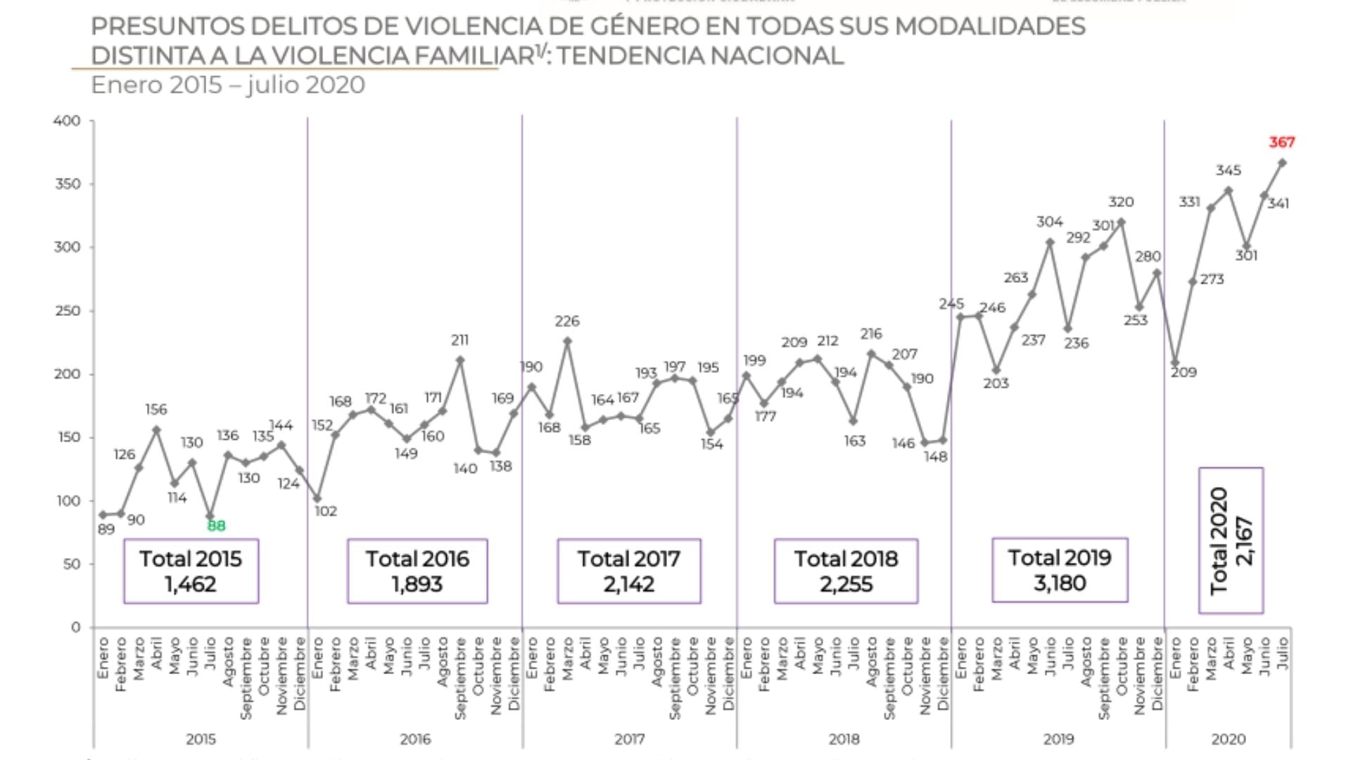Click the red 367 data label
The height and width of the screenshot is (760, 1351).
coord(1281,142)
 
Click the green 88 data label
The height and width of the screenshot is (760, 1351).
coord(216,526)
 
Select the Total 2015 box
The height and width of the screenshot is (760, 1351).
coord(191,571)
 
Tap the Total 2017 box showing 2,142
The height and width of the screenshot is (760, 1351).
coord(629,571)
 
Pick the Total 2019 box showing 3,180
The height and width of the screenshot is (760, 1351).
coord(1060,570)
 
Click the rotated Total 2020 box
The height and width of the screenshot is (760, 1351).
coord(1231,540)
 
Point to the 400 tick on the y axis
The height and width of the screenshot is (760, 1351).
coord(67,121)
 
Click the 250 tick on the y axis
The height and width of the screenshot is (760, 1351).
coord(67,311)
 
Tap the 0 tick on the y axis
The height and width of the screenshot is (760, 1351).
coord(75,627)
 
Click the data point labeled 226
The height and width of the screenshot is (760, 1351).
coord(567,341)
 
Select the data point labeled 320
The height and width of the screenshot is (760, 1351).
coord(1121,222)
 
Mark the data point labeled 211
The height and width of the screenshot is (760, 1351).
coord(460,360)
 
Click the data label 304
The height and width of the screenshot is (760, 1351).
coord(1049,222)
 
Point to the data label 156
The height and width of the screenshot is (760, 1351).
coord(156,410)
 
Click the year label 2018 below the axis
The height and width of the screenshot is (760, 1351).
coord(844,739)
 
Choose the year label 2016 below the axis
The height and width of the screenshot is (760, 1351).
coord(415,739)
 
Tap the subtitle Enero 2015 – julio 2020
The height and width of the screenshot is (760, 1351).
coord(228,85)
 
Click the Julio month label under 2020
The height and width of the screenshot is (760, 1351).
coord(1282,653)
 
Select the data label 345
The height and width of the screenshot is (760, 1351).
coord(1228,170)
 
